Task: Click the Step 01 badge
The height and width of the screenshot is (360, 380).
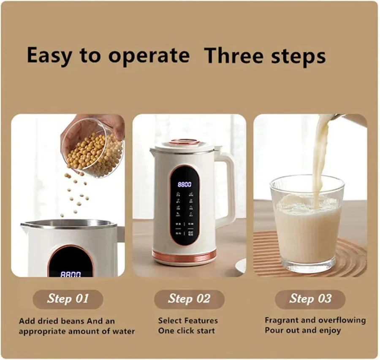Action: (68, 299)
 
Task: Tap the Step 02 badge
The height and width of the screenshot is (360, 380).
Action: (189, 299)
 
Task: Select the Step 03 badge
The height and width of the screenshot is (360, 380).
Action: (310, 299)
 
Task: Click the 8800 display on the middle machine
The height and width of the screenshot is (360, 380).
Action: (184, 184)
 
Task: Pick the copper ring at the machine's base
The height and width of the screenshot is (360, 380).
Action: (184, 255)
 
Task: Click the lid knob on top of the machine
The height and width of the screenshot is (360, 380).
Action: (184, 142)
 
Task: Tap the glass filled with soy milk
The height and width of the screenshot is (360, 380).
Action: (307, 224)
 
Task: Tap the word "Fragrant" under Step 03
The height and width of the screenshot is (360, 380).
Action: (282, 320)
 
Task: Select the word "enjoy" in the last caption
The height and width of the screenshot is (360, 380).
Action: (330, 330)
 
